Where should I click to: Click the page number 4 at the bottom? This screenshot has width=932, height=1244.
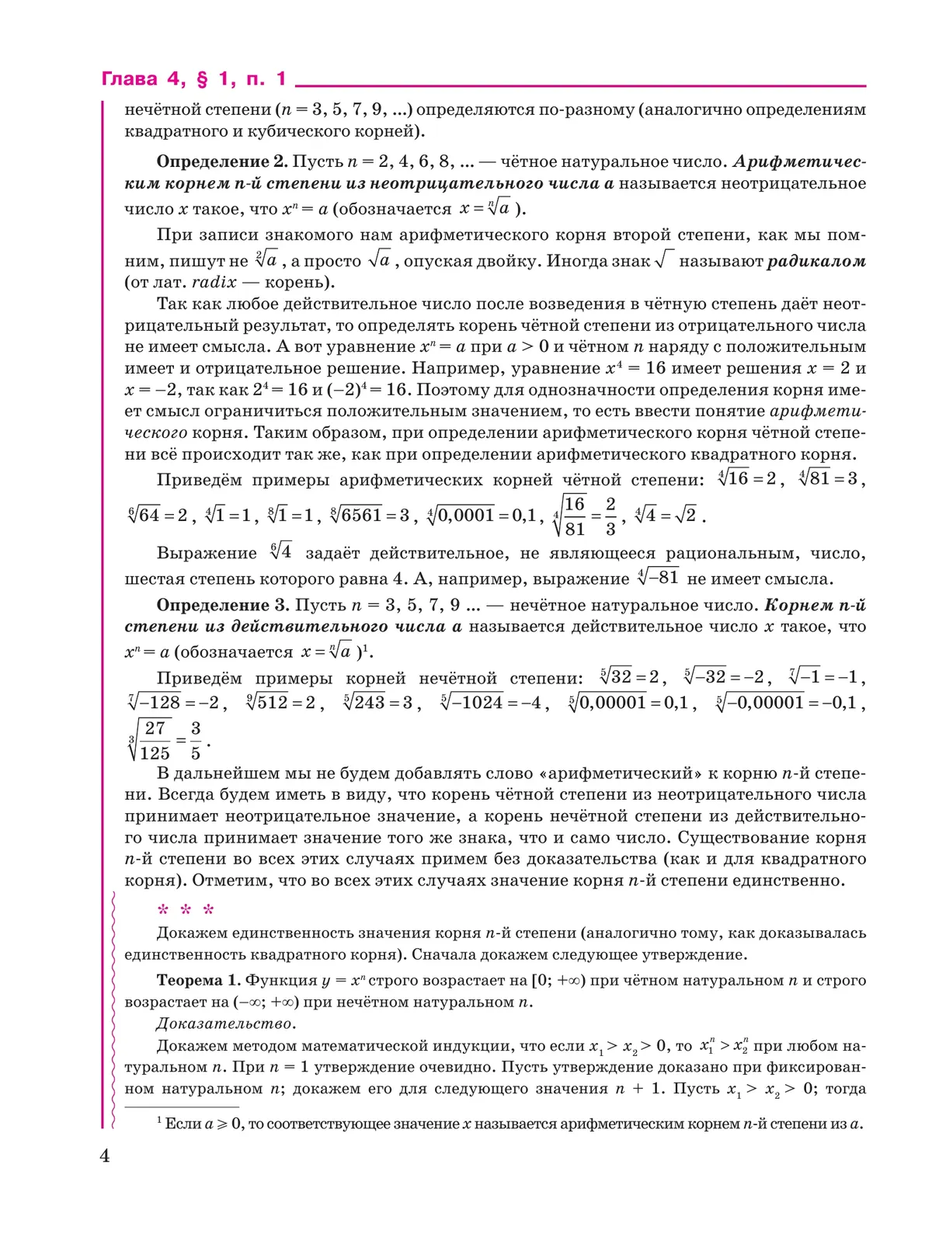pyautogui.click(x=105, y=1156)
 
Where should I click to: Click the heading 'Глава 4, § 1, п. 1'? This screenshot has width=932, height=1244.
pyautogui.click(x=194, y=79)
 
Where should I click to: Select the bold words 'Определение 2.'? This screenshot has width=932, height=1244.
pyautogui.click(x=223, y=162)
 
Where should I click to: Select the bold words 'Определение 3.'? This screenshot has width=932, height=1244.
pyautogui.click(x=223, y=605)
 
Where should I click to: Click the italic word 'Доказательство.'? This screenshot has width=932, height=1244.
pyautogui.click(x=226, y=1023)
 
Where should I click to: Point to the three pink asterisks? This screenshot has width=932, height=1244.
pyautogui.click(x=186, y=910)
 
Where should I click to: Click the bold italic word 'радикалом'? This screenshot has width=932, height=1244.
pyautogui.click(x=816, y=261)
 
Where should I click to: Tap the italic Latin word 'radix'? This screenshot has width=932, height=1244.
pyautogui.click(x=214, y=282)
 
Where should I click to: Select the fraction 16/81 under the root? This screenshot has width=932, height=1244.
pyautogui.click(x=574, y=516)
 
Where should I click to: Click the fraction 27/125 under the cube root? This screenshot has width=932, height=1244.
pyautogui.click(x=155, y=740)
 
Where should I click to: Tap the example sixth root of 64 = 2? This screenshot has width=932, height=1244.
pyautogui.click(x=158, y=515)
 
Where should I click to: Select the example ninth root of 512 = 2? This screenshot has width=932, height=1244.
pyautogui.click(x=281, y=703)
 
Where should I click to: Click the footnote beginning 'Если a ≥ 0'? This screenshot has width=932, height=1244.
pyautogui.click(x=513, y=1124)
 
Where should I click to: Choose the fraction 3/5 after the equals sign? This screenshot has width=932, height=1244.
pyautogui.click(x=196, y=740)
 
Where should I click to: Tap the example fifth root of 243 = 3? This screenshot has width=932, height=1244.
pyautogui.click(x=378, y=703)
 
